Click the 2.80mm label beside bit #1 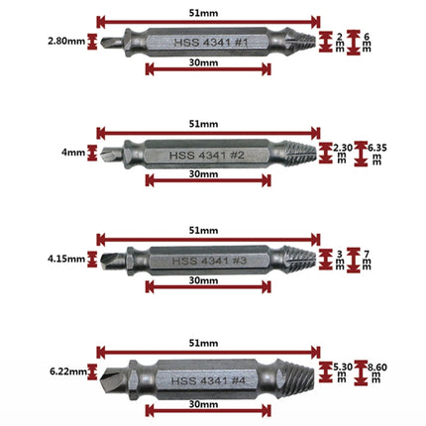(66, 42)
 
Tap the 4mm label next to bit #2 (73, 153)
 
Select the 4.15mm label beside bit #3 (66, 259)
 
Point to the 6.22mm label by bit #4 (68, 372)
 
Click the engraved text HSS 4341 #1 (211, 43)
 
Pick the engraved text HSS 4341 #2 (207, 156)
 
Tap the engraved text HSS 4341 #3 (209, 261)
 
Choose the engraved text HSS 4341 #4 (208, 380)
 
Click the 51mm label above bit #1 (203, 13)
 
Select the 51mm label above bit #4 (203, 343)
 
